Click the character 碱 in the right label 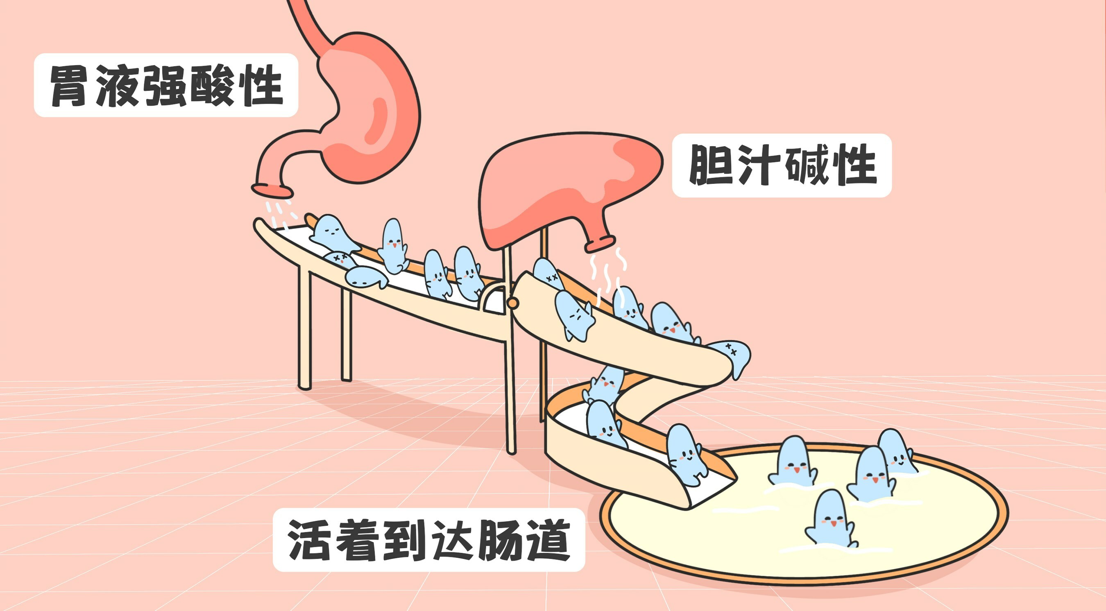(807, 165)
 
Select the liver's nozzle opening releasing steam (599, 244)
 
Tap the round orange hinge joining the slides (512, 303)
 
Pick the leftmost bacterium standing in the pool (793, 462)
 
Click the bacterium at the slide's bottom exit (685, 455)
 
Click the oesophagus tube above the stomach (309, 21)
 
